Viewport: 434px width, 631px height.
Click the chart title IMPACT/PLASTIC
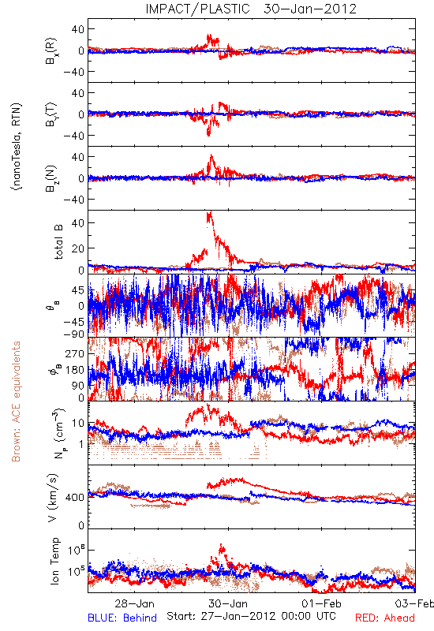click(x=197, y=9)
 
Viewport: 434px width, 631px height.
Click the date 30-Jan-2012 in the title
click(x=310, y=9)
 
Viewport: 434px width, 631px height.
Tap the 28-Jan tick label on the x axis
click(x=134, y=603)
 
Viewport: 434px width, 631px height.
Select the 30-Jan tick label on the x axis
click(x=228, y=603)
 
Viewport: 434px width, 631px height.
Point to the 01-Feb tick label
click(x=321, y=603)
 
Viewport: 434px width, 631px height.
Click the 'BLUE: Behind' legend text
click(x=122, y=618)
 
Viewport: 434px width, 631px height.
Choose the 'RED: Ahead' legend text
click(x=384, y=618)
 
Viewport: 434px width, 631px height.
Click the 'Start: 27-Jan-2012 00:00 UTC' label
click(x=251, y=616)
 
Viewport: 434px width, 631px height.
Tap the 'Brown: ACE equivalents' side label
click(x=16, y=401)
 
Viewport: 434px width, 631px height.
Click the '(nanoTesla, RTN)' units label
click(x=17, y=147)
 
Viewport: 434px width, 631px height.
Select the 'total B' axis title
click(x=58, y=242)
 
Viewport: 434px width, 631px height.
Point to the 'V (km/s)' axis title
click(x=53, y=498)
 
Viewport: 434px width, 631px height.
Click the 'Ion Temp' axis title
click(x=54, y=561)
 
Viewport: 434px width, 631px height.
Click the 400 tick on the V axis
click(x=75, y=498)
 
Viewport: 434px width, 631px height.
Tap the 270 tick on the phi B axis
click(x=75, y=353)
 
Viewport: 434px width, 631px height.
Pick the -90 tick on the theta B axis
click(x=75, y=334)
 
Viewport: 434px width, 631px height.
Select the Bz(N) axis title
click(x=52, y=178)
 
